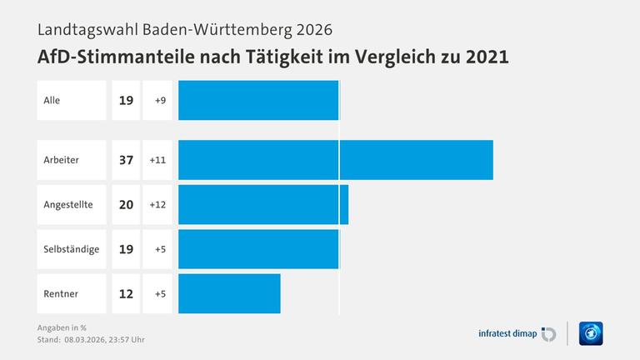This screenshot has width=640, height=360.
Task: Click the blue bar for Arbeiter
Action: click(x=335, y=160)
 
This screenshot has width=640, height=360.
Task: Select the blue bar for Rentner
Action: click(x=229, y=293)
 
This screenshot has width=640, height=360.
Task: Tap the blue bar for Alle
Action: click(x=258, y=100)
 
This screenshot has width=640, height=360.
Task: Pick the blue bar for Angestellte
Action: click(x=263, y=205)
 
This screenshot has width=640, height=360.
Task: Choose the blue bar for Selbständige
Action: click(x=258, y=249)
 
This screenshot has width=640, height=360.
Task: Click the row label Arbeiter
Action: click(x=61, y=160)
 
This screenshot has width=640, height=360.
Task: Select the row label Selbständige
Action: click(x=71, y=249)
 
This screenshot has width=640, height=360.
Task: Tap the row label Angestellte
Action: click(x=67, y=205)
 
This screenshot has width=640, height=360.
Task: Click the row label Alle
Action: click(x=52, y=100)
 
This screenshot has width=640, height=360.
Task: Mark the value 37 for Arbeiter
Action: click(x=126, y=160)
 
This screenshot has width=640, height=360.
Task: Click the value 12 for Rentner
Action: click(x=126, y=293)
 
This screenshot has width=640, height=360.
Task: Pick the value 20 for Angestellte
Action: click(x=126, y=205)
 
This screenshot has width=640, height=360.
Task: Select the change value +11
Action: click(x=157, y=160)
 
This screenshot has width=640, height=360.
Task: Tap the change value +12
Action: click(x=157, y=205)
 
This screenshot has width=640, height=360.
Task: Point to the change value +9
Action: click(x=158, y=100)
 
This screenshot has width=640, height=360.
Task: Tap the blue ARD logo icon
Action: click(x=591, y=333)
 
